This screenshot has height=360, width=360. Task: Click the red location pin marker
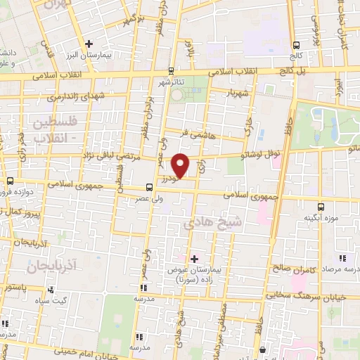pyautogui.click(x=181, y=165)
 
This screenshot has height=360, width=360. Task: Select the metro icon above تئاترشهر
pyautogui.click(x=172, y=71)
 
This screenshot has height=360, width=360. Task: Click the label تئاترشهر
pyautogui.click(x=171, y=82)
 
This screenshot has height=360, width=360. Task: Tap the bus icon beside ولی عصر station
pyautogui.click(x=148, y=187)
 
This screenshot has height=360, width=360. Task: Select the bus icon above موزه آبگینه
pyautogui.click(x=321, y=207)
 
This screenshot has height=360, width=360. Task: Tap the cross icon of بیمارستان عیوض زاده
pyautogui.click(x=195, y=259)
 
